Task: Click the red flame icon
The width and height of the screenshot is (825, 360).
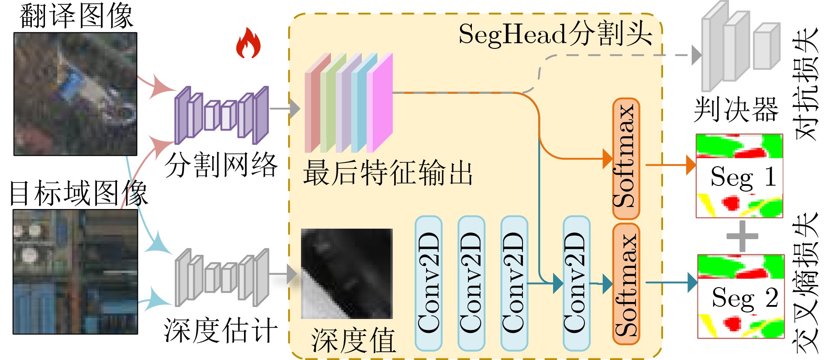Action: click(248, 43)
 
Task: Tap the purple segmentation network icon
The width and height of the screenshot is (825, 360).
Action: click(221, 115)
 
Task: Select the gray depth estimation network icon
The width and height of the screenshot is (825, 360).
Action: click(222, 278)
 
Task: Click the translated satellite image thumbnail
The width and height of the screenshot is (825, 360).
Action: click(76, 94)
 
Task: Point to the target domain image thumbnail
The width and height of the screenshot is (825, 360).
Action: click(76, 272)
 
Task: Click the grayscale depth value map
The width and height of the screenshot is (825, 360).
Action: click(347, 274)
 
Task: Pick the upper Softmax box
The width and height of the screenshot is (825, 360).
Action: click(626, 158)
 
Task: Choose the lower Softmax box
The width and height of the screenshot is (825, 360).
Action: click(626, 284)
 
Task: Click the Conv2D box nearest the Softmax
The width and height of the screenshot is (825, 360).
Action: click(576, 283)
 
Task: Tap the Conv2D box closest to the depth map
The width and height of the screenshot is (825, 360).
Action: click(428, 283)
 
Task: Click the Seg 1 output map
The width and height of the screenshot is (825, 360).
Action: click(739, 176)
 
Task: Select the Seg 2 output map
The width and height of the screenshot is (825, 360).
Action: click(740, 296)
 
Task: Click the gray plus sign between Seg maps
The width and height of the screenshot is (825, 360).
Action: click(742, 236)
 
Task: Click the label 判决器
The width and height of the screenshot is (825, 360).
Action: click(736, 109)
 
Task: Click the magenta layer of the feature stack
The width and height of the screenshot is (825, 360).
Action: click(380, 103)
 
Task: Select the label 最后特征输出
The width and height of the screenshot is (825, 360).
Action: click(388, 173)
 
